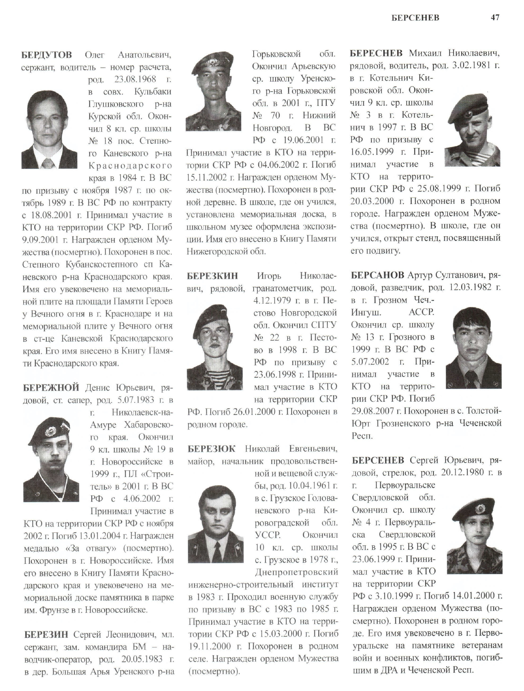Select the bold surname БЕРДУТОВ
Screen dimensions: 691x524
pos(47,55)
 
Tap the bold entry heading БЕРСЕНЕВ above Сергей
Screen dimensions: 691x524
pos(378,460)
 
